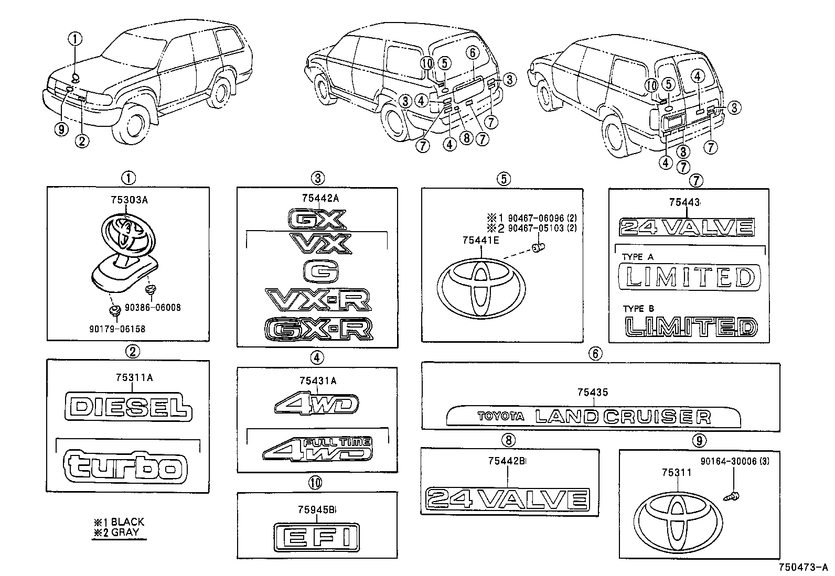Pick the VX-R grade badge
(x=318, y=300)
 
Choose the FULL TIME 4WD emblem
(x=318, y=448)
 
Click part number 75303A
(x=129, y=200)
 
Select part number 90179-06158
(x=117, y=329)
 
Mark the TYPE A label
(x=638, y=257)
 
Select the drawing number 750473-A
(x=802, y=567)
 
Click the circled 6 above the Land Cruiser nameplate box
(x=595, y=354)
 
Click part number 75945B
(x=318, y=509)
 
